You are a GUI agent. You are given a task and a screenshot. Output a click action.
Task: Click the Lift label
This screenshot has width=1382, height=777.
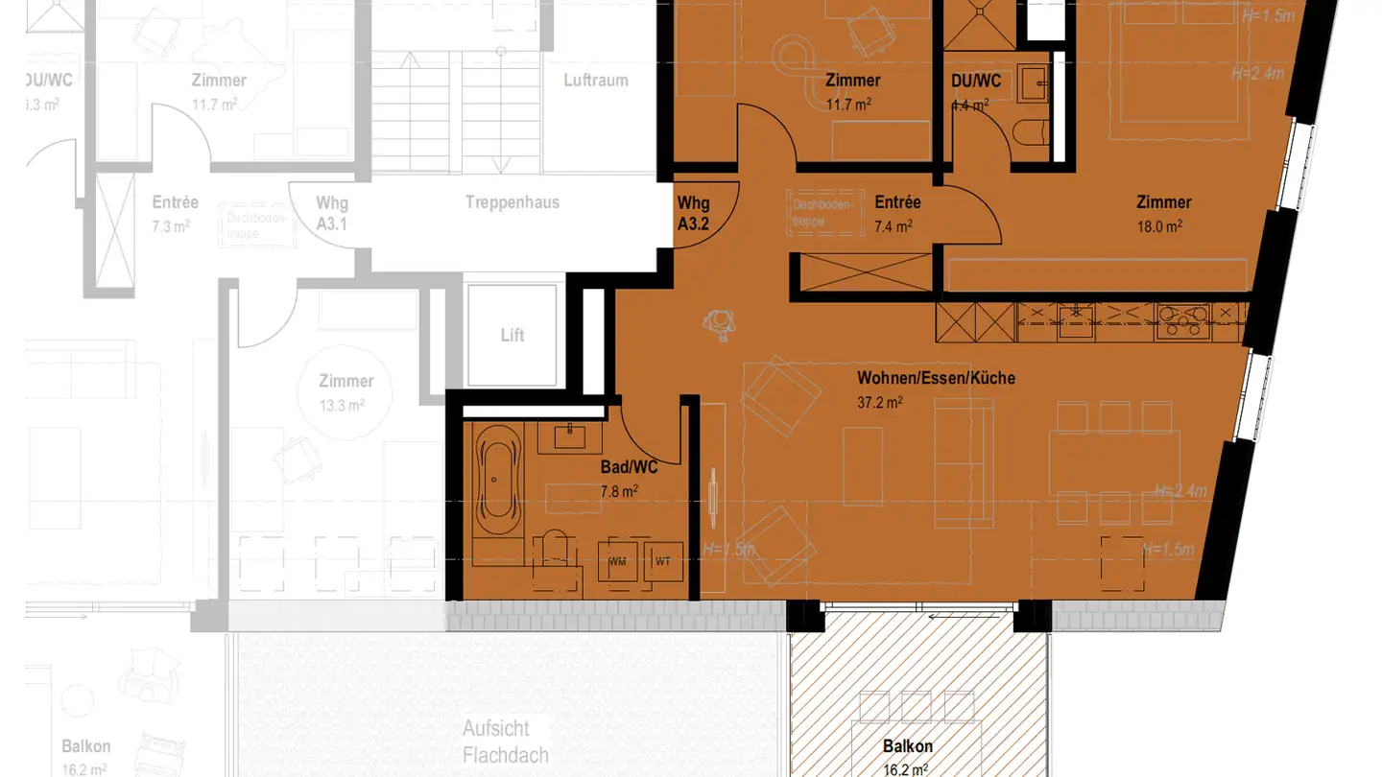tap(512, 336)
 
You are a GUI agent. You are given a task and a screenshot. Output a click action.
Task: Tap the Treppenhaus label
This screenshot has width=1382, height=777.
tap(512, 202)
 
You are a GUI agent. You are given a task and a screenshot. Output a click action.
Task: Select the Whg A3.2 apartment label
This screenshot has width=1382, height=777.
tap(693, 212)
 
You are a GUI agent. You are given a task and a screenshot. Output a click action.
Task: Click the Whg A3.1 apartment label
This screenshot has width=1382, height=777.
tap(332, 212)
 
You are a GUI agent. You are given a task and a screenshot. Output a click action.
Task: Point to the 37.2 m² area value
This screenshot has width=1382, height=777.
tap(879, 402)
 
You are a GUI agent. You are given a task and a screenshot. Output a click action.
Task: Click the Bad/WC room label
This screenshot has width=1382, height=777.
tap(629, 468)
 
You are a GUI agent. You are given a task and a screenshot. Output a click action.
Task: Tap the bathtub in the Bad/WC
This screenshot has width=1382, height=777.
tap(498, 479)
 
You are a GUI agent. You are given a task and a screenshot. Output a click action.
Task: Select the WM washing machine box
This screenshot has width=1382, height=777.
tap(617, 561)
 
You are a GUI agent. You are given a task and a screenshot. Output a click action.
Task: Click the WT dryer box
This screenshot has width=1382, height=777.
tap(663, 561)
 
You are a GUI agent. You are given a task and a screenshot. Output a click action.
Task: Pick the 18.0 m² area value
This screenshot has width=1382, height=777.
tap(1159, 226)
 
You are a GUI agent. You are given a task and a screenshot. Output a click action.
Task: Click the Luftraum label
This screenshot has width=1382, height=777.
tap(596, 81)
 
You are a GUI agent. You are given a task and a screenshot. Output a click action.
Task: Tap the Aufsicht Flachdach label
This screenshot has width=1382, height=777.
tap(506, 742)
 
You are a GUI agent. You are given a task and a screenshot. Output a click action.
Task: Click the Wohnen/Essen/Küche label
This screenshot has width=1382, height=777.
tap(936, 378)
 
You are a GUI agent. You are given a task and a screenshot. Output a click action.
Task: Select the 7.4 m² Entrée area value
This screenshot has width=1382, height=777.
tap(893, 226)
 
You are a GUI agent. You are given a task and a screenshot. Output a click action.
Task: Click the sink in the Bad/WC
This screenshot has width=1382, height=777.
tap(570, 436)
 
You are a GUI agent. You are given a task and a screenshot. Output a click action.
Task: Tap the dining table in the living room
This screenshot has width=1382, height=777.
tap(1113, 463)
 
